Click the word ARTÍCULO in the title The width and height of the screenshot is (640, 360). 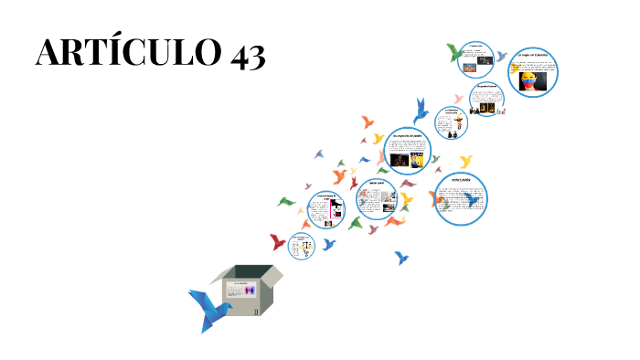(x=119, y=54)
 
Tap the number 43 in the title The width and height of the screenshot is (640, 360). (x=241, y=54)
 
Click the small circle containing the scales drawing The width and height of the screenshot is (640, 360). (x=303, y=247)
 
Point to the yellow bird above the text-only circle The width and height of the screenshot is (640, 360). (x=466, y=162)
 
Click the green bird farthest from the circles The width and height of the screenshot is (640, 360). (x=287, y=202)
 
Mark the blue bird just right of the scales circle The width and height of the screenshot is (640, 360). (x=328, y=244)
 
